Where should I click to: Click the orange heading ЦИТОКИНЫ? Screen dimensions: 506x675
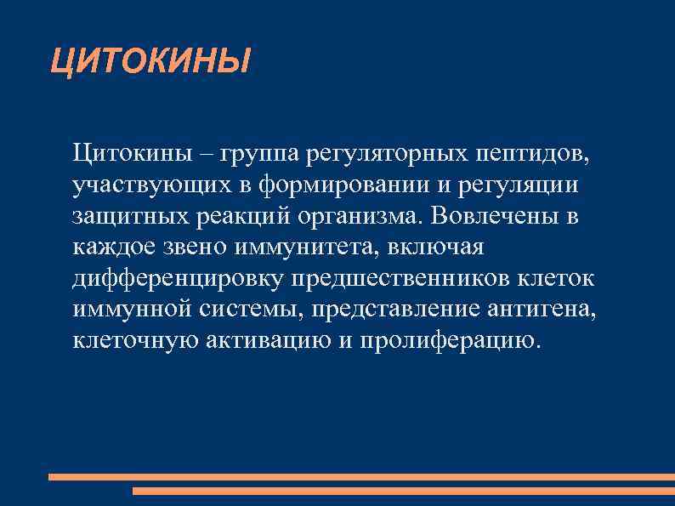pos(150,61)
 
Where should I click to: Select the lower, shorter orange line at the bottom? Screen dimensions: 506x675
pos(403,491)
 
